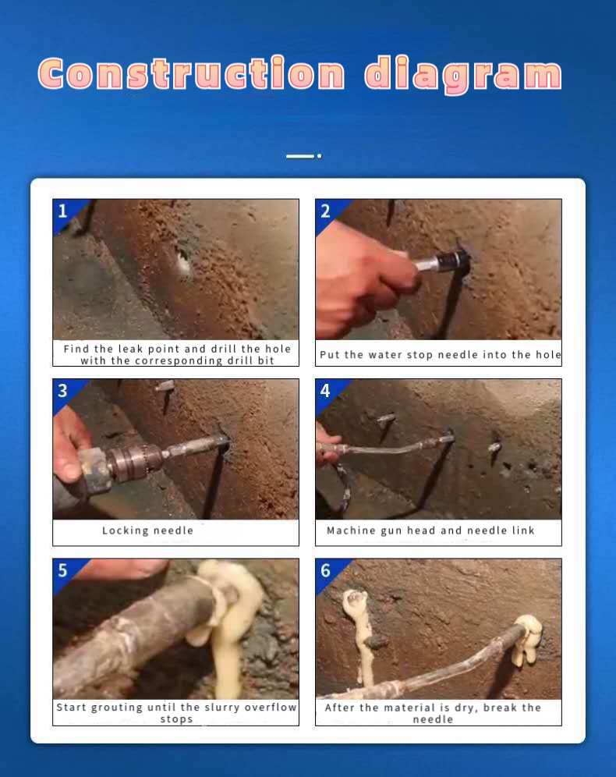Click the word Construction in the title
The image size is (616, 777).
(191, 74)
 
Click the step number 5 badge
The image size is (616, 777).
(63, 570)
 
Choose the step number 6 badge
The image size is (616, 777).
(326, 570)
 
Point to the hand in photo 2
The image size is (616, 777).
(359, 281)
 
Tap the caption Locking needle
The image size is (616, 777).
(147, 530)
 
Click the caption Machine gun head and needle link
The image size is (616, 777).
(430, 530)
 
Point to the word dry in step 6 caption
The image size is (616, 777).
(467, 708)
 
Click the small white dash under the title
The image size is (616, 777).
(300, 156)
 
